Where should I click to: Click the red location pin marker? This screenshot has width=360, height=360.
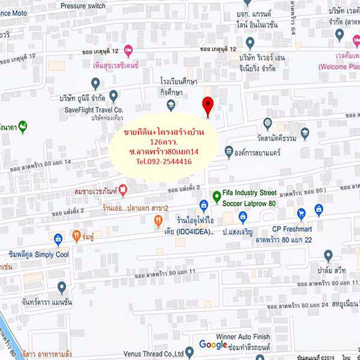coord(208,105)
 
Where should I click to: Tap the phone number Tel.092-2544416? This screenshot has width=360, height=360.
coord(164,161)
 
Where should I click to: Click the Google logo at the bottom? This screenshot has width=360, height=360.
coord(213,344)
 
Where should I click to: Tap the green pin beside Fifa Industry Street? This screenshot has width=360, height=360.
coord(217,196)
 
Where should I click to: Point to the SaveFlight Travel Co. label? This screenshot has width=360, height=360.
coord(94,110)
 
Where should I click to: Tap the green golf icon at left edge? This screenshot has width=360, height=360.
coord(23,127)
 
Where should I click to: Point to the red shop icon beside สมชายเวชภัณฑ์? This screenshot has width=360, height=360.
coord(123,191)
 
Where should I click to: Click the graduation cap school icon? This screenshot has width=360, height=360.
coord(171,106)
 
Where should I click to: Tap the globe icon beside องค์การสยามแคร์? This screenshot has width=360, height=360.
coord(229,151)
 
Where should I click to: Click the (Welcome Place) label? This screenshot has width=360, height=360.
coord(339,67)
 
